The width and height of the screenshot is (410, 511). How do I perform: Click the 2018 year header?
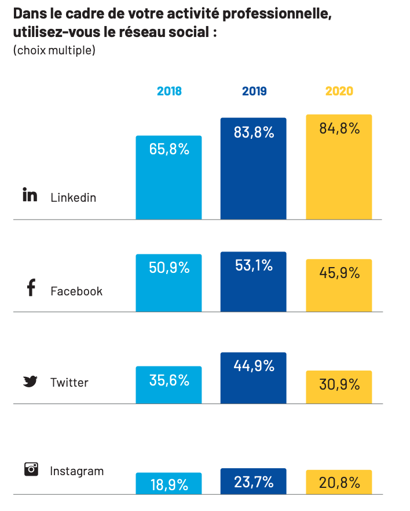(169, 91)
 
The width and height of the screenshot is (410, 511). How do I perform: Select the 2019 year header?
(254, 91)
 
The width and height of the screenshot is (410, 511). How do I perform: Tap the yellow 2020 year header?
(339, 91)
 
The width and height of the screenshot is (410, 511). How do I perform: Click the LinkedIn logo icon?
(30, 195)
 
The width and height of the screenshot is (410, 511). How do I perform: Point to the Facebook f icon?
(31, 288)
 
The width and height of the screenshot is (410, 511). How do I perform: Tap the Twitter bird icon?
(30, 382)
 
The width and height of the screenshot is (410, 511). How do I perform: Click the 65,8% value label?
(169, 149)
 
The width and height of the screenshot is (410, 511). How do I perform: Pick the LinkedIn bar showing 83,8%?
(254, 173)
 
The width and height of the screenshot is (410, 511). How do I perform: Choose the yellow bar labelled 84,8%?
(339, 173)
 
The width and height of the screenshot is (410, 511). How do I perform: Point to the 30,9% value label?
(339, 384)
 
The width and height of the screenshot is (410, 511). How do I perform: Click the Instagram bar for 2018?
(169, 484)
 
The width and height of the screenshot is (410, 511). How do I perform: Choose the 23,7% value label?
(254, 482)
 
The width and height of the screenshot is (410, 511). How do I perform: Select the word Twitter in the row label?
(69, 383)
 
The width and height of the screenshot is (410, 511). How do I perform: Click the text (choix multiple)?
(54, 50)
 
